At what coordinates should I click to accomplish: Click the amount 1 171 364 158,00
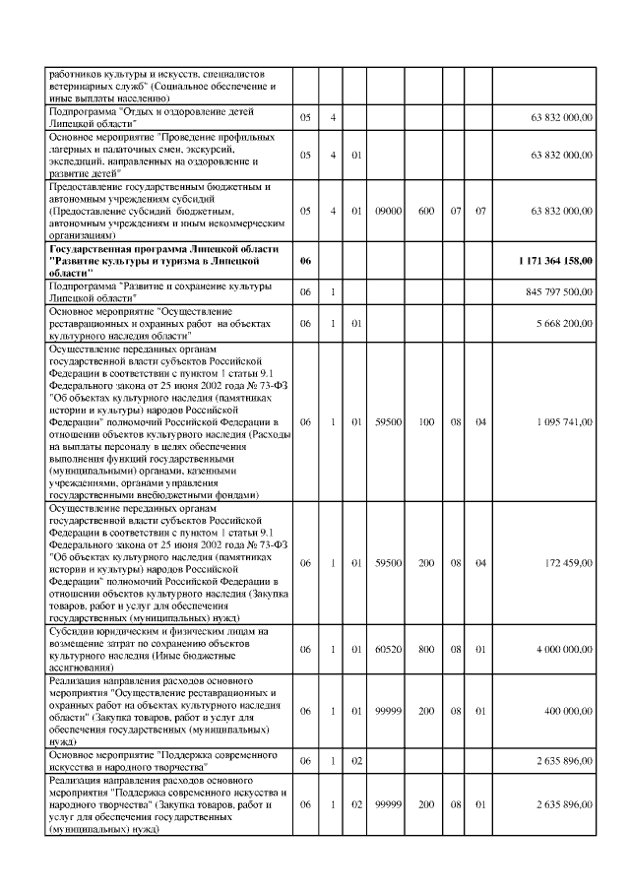[x=553, y=261]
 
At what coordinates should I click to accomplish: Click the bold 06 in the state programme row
[x=305, y=261]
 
